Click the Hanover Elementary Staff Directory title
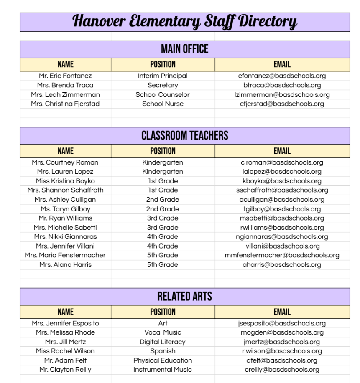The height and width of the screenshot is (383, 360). point(185,21)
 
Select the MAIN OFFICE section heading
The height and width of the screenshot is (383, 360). point(185,49)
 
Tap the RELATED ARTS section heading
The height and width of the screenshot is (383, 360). point(185,297)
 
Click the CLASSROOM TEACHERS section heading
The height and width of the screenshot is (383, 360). point(185,135)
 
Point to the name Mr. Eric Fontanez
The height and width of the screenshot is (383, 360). point(65,76)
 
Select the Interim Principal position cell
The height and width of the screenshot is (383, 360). point(163,76)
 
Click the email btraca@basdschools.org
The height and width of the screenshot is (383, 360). point(282,85)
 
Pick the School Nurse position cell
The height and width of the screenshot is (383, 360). point(163,104)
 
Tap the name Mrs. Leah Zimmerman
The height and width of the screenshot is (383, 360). point(65,94)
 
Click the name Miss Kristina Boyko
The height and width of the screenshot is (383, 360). point(65,181)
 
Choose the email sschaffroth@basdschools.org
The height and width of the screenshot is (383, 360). point(282,190)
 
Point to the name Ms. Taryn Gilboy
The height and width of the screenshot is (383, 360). point(65,209)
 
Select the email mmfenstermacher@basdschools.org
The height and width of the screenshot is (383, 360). point(282,255)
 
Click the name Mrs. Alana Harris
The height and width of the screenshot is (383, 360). point(65,264)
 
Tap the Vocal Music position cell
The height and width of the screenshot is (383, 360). point(163,332)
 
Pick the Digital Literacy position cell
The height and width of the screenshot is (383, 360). point(163,342)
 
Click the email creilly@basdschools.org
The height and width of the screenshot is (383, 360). point(282,370)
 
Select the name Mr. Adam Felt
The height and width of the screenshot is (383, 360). point(65,360)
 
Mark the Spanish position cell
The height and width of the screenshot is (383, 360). point(163,351)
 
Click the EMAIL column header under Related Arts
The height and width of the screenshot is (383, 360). point(282,312)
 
